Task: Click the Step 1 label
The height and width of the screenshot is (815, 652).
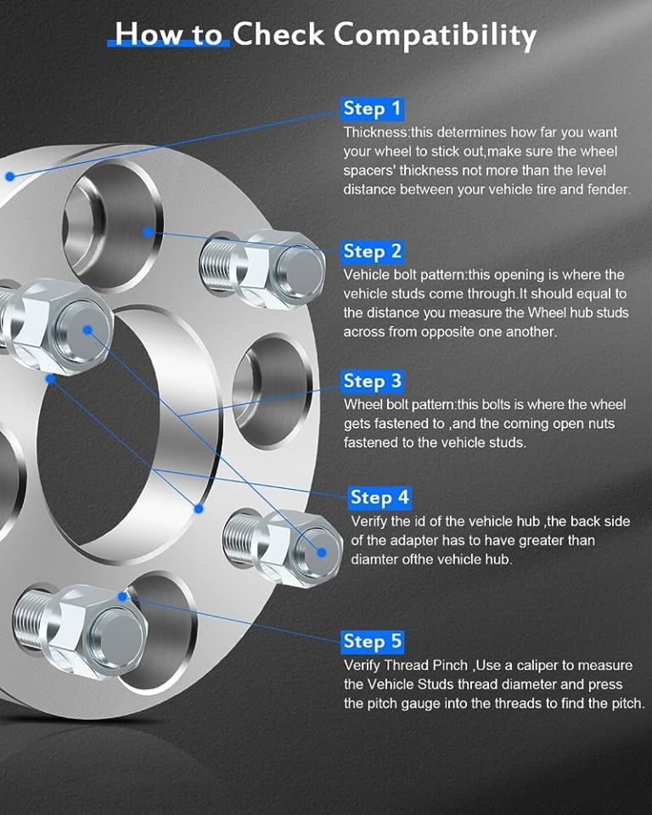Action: [x=372, y=109]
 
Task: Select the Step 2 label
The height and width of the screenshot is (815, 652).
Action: [x=372, y=251]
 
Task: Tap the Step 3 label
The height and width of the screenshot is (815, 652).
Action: [x=372, y=380]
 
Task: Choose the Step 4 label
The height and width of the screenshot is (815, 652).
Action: [x=380, y=497]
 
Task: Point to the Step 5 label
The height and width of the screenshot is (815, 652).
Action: [x=372, y=640]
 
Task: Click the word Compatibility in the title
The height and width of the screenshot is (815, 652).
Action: [x=434, y=35]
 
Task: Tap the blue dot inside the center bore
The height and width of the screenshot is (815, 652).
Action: [x=199, y=509]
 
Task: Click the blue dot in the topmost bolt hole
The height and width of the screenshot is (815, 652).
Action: [x=148, y=230]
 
